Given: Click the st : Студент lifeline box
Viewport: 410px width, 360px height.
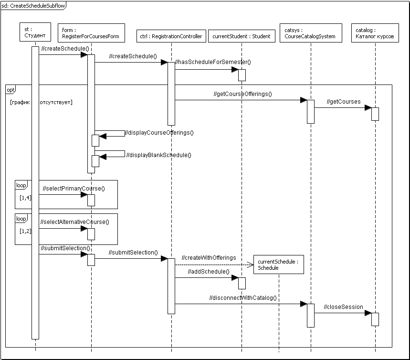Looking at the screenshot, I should point(35,33).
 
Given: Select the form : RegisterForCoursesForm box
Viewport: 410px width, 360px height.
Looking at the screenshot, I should point(91,33).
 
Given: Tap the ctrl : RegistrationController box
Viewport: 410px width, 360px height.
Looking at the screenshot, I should point(171,36).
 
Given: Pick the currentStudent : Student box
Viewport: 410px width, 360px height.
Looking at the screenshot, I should point(242,36).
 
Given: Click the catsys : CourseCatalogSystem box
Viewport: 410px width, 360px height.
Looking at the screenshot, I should point(310,33).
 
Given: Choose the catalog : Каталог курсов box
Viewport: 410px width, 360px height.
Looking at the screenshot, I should point(375,33).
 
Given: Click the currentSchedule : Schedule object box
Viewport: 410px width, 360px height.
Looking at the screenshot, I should point(279,265).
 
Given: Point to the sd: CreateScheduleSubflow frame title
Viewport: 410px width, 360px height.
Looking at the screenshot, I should point(33,5).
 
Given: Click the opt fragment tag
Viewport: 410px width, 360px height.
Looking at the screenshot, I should point(11,89).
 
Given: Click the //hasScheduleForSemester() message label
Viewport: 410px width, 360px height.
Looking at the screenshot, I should point(213,62).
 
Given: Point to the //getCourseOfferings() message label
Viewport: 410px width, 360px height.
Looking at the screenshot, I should point(242,94).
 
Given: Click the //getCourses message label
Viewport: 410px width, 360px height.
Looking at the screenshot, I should point(344,102).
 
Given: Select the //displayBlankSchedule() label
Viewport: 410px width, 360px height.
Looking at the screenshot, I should point(158,155).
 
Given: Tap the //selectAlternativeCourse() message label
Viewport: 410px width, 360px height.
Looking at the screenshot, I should point(75,222).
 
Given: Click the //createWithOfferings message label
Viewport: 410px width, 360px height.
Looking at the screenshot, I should point(209,258).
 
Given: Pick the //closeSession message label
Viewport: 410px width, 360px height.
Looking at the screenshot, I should point(344,307).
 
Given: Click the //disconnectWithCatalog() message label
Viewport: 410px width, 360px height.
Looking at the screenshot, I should point(242,298).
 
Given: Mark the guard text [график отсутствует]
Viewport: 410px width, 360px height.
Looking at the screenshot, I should point(41,102).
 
